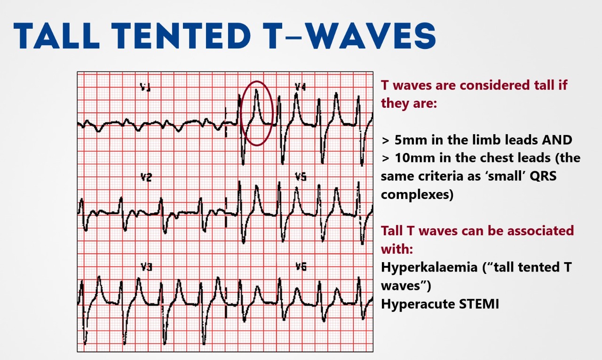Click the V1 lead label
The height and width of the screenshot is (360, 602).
point(145,87)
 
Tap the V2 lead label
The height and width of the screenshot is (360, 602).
point(146,177)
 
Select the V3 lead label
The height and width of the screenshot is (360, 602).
point(147,267)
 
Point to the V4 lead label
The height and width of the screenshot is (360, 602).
point(300,87)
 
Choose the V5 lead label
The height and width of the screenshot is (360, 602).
point(301,176)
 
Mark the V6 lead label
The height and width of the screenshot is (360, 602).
point(301,266)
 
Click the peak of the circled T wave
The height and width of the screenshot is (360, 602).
point(256,90)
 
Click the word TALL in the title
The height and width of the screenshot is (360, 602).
point(56,36)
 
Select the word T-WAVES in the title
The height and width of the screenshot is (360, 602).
point(350,36)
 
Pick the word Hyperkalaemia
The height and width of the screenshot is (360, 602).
point(429,267)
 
